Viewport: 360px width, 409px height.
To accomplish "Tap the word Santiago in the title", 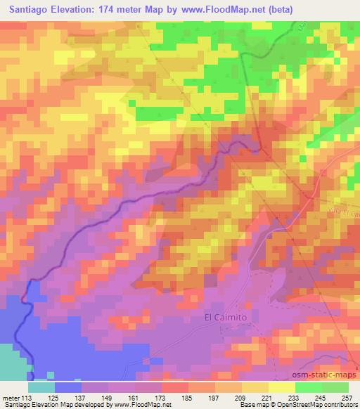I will click(30, 8).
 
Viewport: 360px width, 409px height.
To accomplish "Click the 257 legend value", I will click(347, 397).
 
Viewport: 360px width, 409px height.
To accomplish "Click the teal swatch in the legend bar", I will click(41, 387).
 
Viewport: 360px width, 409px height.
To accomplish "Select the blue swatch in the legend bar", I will click(67, 387).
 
